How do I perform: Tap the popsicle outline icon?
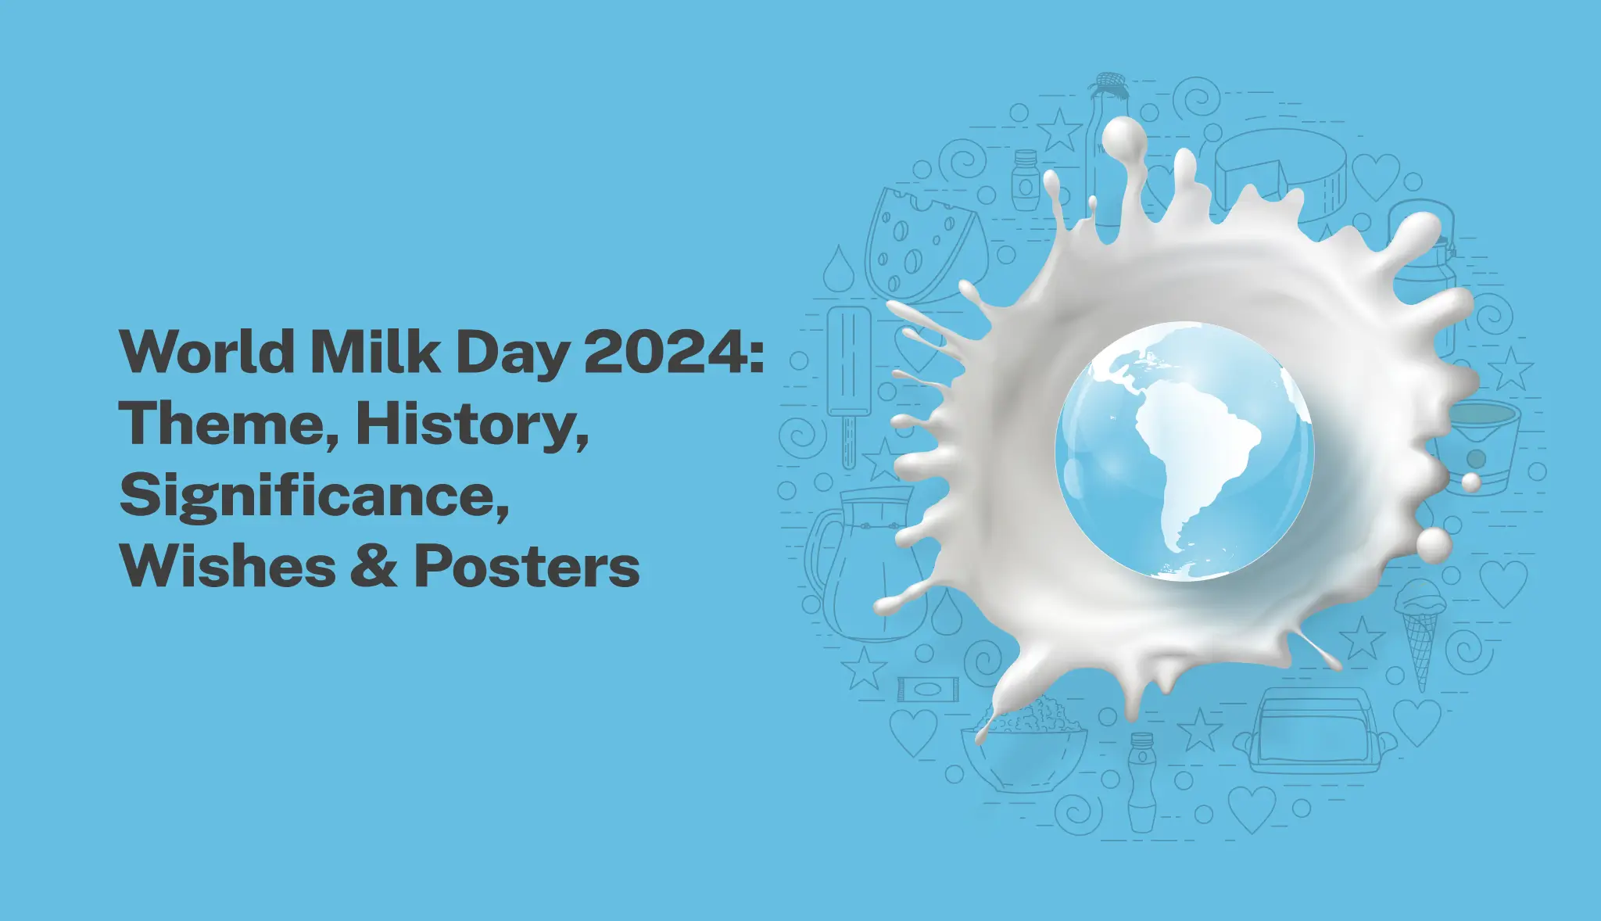848,375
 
